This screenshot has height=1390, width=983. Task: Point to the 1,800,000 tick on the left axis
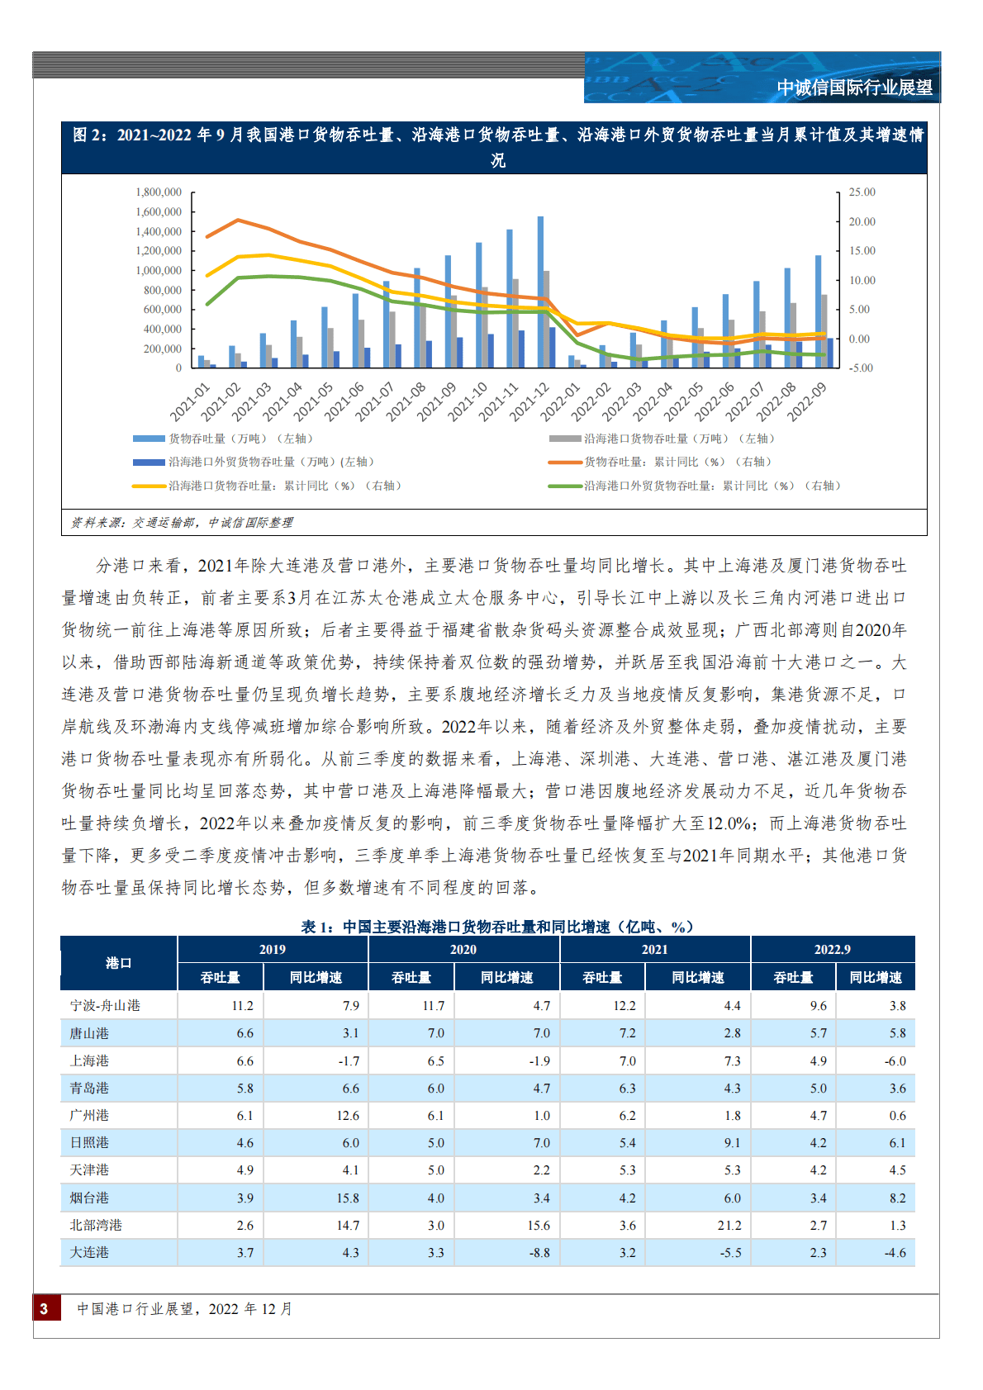click(x=159, y=192)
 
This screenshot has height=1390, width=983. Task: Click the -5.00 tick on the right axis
click(x=862, y=368)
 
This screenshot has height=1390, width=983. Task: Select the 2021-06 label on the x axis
click(x=345, y=401)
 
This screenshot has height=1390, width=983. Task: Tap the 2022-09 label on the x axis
click(x=808, y=401)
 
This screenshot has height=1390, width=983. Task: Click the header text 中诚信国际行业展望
click(x=854, y=88)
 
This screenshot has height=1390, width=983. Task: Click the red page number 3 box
click(x=46, y=1308)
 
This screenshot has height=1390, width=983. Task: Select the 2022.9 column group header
click(x=832, y=950)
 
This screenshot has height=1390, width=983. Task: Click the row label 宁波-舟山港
click(x=105, y=1006)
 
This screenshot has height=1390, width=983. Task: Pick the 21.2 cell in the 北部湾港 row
click(x=729, y=1226)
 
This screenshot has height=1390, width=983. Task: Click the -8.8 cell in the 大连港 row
click(x=539, y=1253)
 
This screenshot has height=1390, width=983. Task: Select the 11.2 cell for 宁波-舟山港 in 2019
click(x=243, y=1006)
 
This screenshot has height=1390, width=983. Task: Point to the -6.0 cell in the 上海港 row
click(x=895, y=1061)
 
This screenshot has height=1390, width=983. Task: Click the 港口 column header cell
click(x=119, y=963)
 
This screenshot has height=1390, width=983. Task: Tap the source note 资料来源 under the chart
click(x=182, y=523)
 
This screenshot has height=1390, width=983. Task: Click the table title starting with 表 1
click(x=496, y=927)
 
